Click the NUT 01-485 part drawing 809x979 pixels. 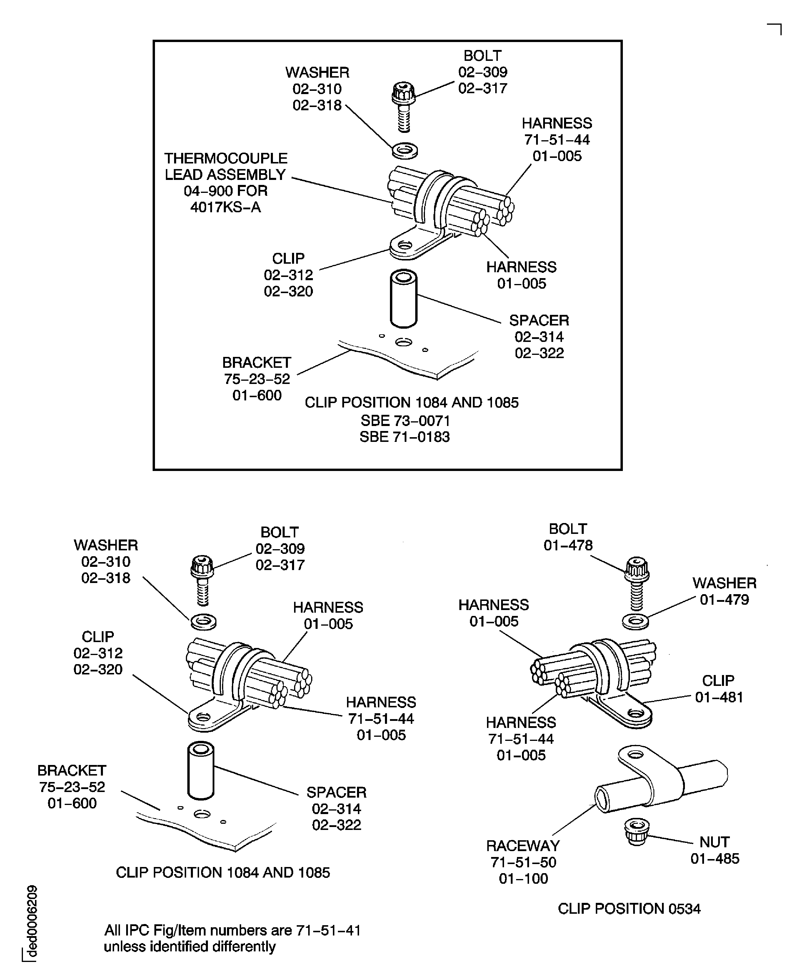point(637,831)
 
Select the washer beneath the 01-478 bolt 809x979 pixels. point(636,621)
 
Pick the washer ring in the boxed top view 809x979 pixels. point(405,151)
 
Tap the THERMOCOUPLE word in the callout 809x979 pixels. point(226,158)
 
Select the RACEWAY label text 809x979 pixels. point(523,846)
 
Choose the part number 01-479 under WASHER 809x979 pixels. point(724,600)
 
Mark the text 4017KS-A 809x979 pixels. point(226,207)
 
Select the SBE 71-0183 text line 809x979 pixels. point(405,437)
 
